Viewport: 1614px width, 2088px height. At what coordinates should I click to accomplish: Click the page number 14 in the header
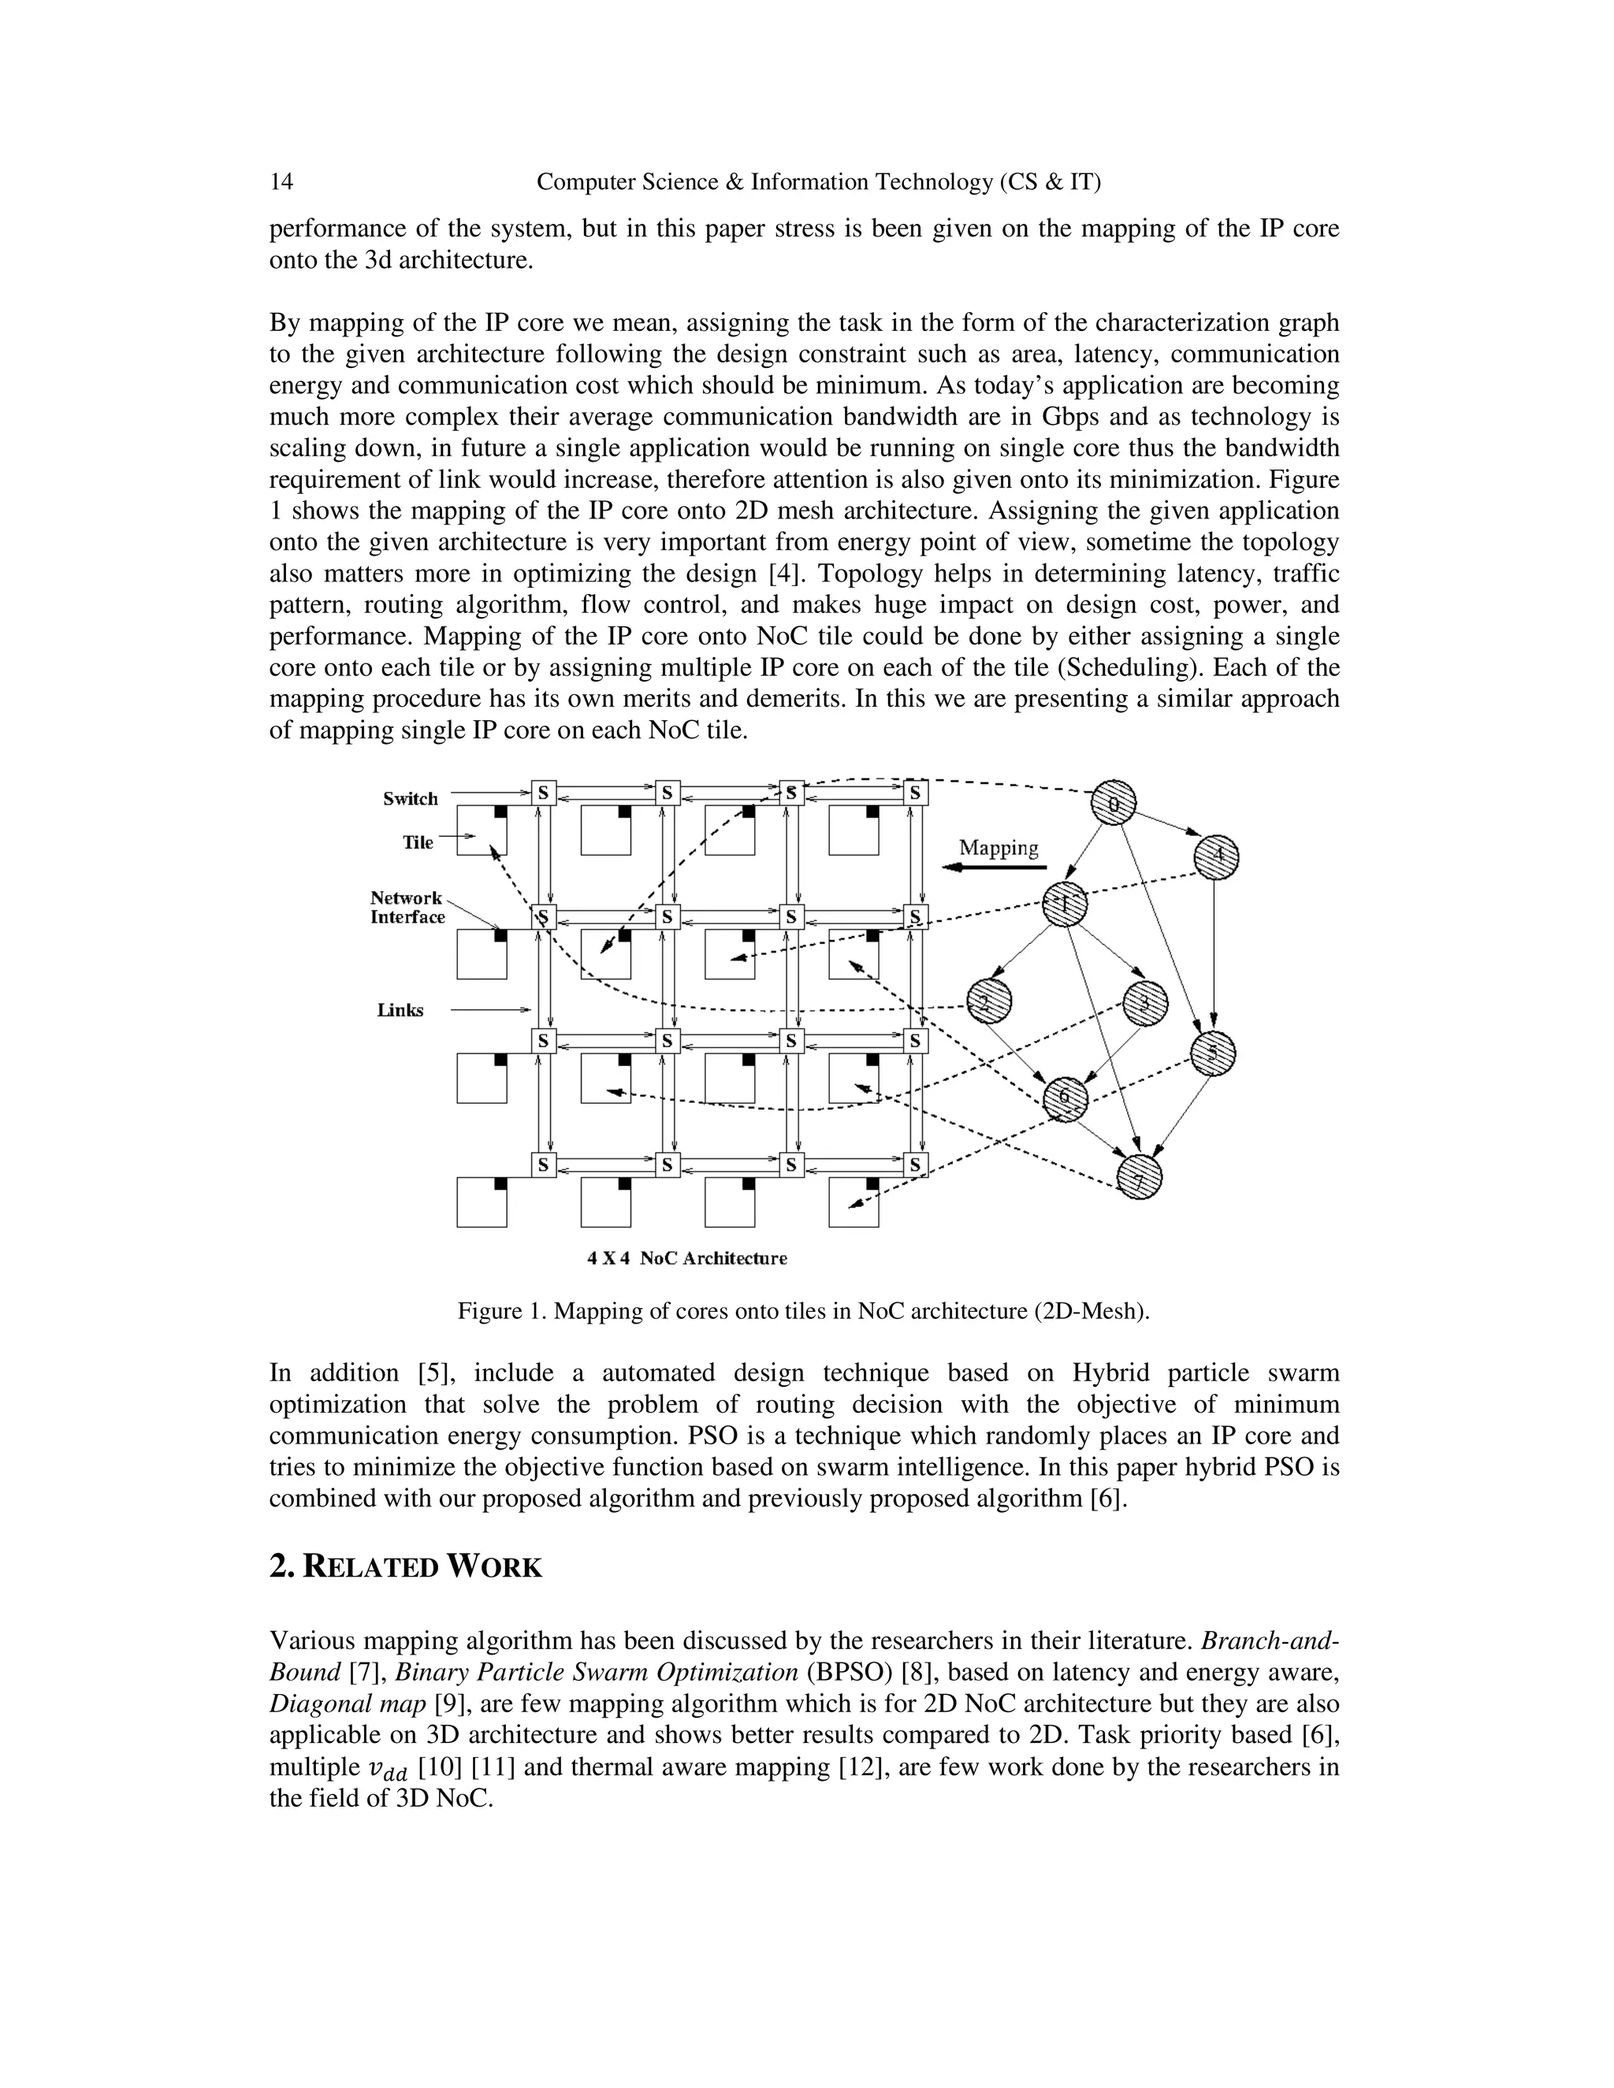click(x=281, y=182)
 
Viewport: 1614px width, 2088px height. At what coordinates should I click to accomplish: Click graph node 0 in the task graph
click(x=1114, y=803)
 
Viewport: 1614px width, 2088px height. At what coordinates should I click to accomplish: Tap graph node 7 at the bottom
click(x=1140, y=1179)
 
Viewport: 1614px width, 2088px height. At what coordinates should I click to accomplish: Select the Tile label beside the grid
click(x=418, y=842)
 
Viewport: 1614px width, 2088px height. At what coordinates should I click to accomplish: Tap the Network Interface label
click(x=408, y=907)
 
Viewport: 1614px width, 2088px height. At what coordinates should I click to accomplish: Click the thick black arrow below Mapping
click(x=995, y=868)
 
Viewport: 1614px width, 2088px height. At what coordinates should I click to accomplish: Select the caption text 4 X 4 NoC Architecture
click(x=686, y=1258)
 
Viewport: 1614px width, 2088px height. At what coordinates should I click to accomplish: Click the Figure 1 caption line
click(x=803, y=1311)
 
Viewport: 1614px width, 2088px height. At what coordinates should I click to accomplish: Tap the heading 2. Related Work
click(x=405, y=1568)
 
